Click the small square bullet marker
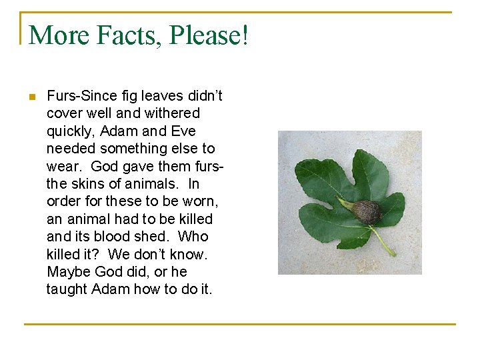(31, 97)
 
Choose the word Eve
(182, 131)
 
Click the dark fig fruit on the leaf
(366, 211)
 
